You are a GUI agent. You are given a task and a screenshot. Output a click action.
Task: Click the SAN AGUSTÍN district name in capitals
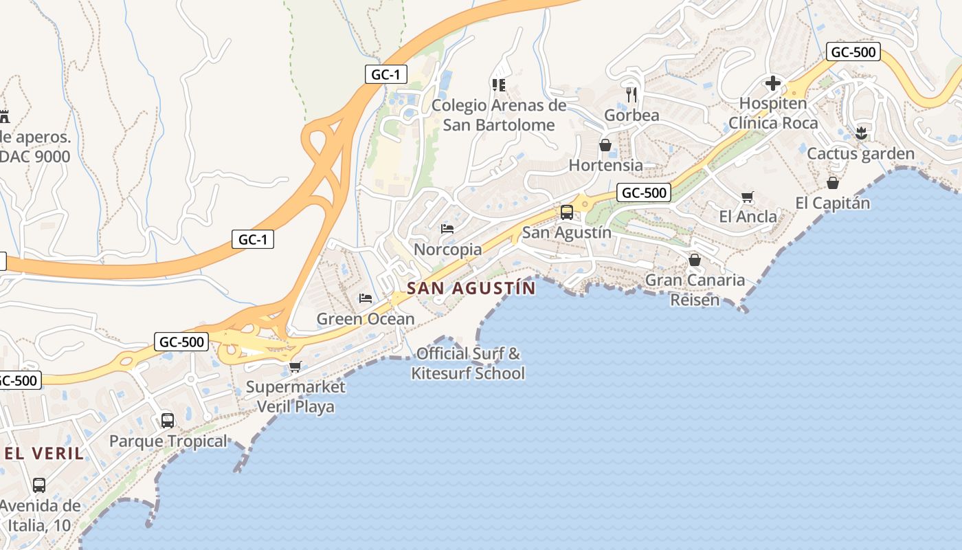point(471,288)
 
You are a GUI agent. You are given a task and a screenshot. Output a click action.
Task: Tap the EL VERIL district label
point(44,454)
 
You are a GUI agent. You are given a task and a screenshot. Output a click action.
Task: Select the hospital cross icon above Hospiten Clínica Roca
point(773,84)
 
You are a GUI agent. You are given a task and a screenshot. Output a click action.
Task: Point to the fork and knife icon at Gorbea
point(631,95)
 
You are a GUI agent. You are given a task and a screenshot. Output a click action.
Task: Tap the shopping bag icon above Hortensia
point(605,145)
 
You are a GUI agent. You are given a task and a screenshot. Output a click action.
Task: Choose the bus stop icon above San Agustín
point(567,212)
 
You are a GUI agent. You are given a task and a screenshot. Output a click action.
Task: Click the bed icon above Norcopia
point(447,229)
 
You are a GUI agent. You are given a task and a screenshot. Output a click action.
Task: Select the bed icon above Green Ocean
point(366,298)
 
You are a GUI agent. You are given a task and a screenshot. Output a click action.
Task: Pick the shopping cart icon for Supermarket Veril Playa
point(295,366)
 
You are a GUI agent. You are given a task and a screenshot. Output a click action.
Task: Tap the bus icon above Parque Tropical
point(168,421)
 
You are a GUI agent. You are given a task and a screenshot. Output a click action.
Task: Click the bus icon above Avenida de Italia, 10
point(39,485)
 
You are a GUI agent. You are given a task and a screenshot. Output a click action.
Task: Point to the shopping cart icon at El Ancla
point(748,197)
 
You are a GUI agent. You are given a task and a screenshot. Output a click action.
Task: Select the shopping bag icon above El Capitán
point(832,183)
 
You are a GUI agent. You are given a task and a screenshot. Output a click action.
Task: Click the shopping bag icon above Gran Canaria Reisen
point(695,260)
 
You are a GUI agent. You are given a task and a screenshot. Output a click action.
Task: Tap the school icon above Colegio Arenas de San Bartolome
point(499,85)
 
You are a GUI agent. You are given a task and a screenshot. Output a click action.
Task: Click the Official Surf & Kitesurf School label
point(468,364)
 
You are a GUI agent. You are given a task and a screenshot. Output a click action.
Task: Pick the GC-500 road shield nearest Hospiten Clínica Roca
point(853,52)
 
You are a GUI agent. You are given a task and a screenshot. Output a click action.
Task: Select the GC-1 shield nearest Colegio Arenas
point(386,74)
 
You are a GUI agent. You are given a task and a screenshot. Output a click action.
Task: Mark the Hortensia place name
point(606,165)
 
